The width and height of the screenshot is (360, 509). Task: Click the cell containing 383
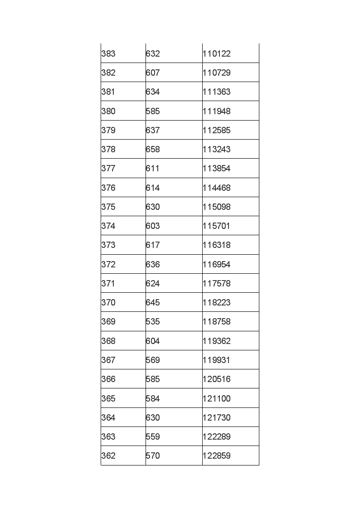pos(108,53)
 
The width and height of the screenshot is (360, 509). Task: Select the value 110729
pos(217,73)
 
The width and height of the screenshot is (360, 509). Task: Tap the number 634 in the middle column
pos(153,92)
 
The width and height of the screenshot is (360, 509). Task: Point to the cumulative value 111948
pos(217,111)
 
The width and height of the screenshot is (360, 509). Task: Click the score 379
pos(108,130)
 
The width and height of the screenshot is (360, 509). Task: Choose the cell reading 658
pos(153,149)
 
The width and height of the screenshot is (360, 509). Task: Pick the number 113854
pos(217,168)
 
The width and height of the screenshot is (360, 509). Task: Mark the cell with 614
pos(153,188)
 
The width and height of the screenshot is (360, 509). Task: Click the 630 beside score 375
pos(153,207)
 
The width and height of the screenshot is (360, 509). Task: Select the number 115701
pos(217,226)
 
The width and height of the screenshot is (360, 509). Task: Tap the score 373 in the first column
pos(108,245)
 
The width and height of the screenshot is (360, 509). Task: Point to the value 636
pos(153,264)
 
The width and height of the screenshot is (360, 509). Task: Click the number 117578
pos(217,283)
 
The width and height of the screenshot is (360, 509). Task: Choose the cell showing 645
pos(153,302)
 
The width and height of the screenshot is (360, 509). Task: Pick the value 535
pos(153,321)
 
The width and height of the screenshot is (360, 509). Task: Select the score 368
pos(108,341)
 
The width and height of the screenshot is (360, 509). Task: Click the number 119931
pos(217,360)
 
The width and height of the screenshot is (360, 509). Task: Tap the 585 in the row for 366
pos(153,379)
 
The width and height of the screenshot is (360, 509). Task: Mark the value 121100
pos(217,398)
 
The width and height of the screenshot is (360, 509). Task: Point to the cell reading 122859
pos(217,456)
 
